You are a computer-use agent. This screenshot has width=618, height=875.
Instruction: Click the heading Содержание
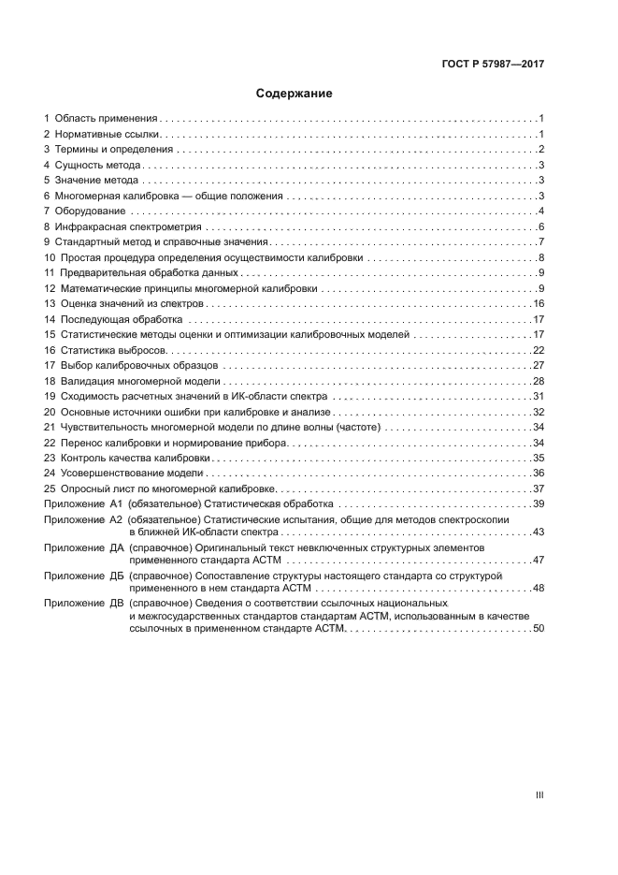[x=295, y=94]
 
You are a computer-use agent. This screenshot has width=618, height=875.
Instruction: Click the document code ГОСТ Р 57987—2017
[x=493, y=65]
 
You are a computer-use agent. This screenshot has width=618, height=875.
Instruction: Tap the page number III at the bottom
[x=539, y=795]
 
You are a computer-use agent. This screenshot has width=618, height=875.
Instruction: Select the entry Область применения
[x=107, y=119]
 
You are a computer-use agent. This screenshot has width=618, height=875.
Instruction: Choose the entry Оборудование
[x=90, y=211]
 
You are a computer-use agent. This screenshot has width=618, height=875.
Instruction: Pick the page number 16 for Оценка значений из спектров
[x=539, y=304]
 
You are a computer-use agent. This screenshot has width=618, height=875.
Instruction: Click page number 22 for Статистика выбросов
[x=539, y=350]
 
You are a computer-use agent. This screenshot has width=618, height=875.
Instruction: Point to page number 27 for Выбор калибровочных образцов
[x=539, y=366]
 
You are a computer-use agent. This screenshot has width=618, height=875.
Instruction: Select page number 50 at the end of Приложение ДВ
[x=539, y=629]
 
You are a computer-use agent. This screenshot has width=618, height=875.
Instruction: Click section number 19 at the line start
[x=50, y=397]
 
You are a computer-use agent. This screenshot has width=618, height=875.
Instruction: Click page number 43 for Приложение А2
[x=539, y=532]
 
